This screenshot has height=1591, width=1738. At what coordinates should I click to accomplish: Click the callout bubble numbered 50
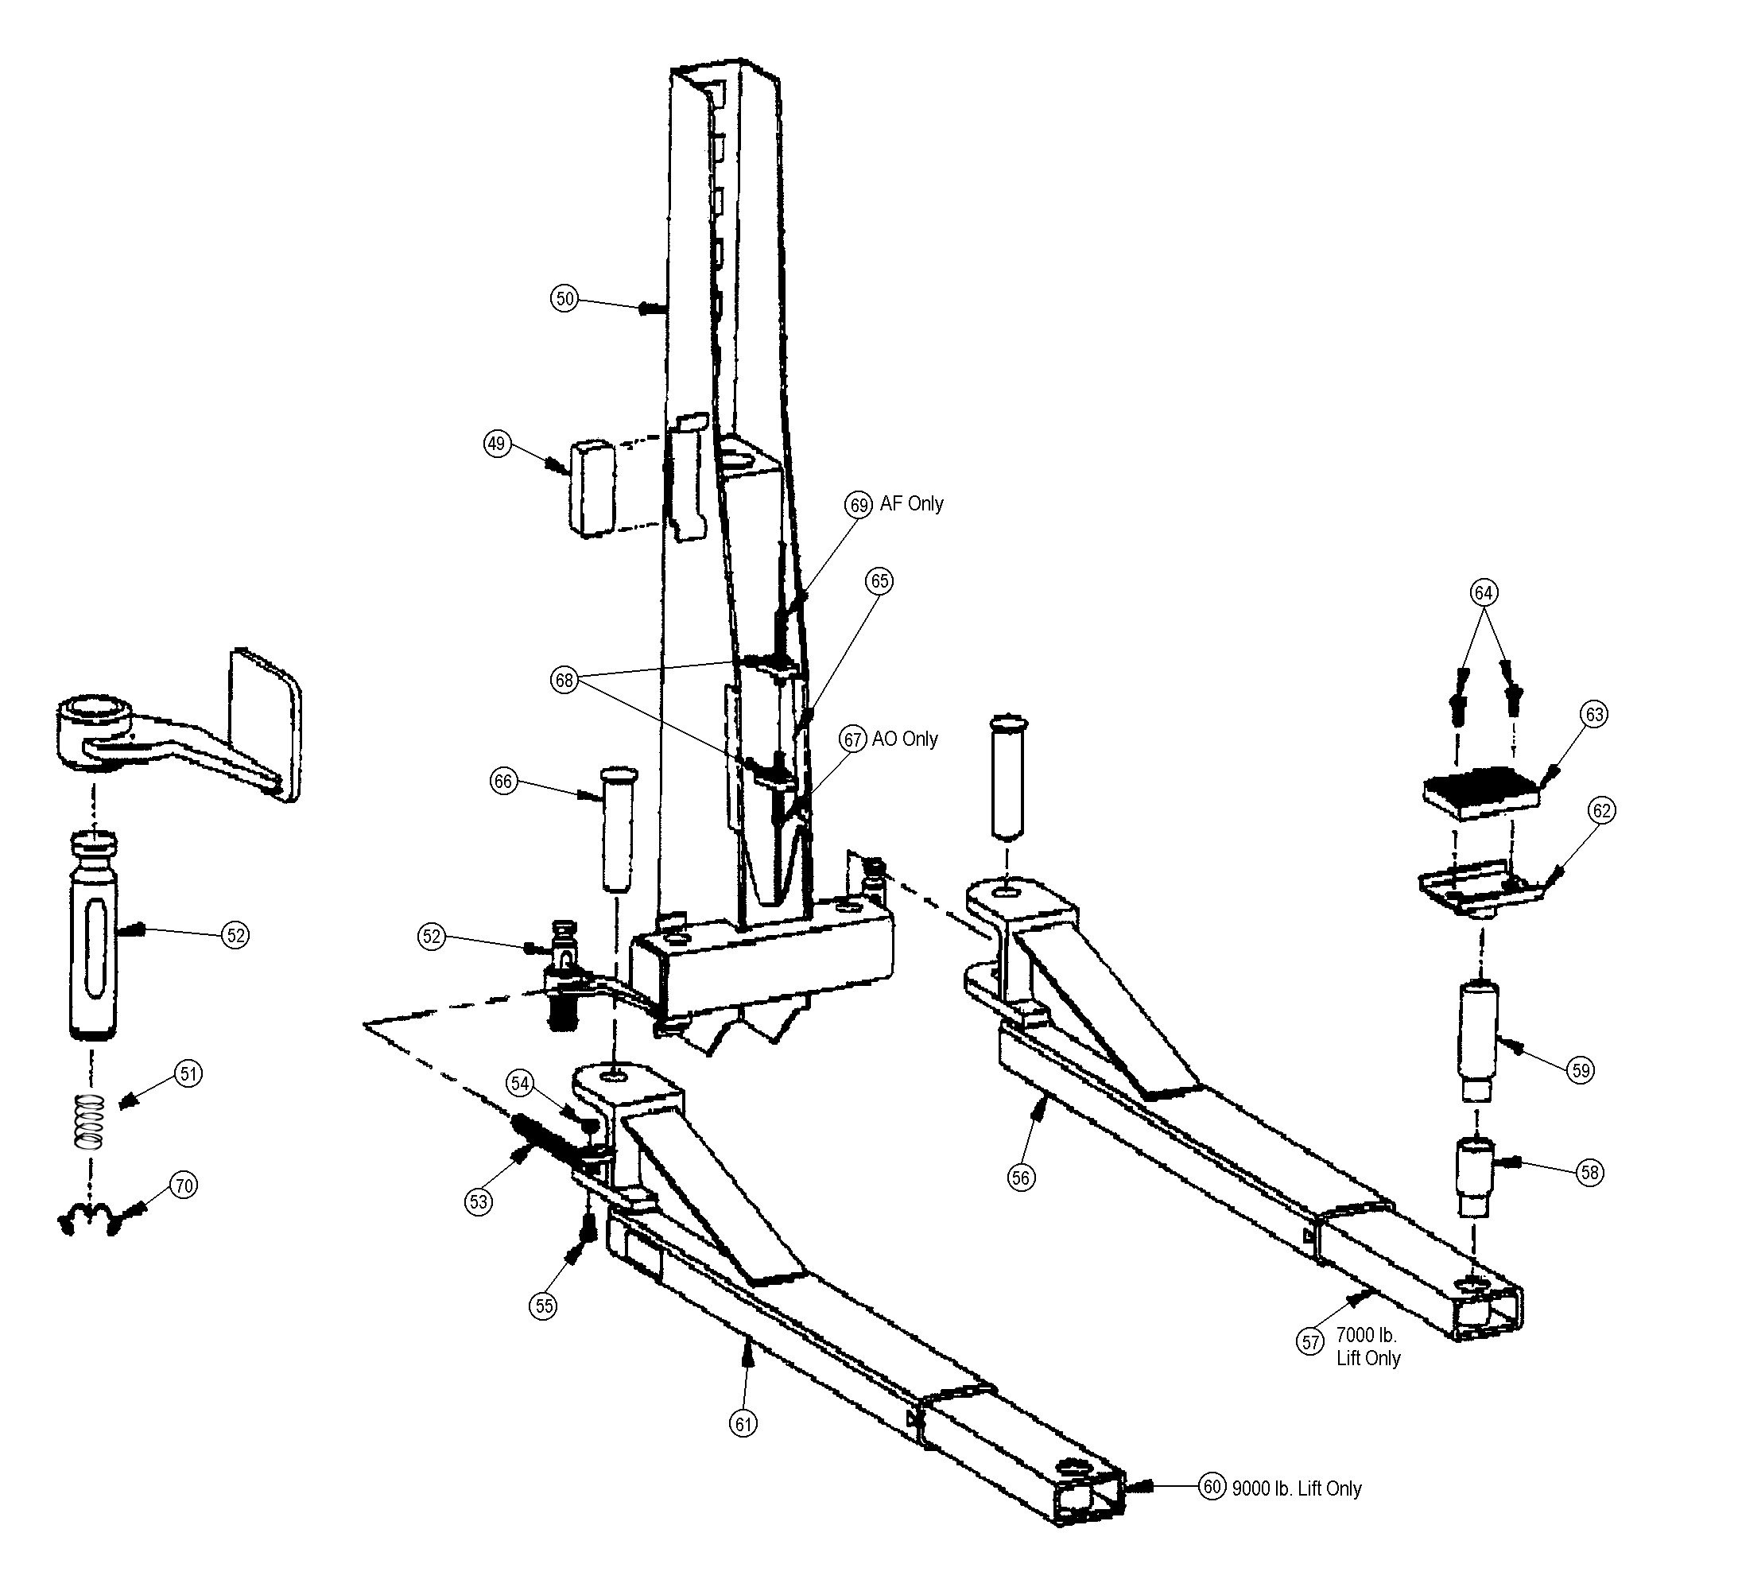(564, 298)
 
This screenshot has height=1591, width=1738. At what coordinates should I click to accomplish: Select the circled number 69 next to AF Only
(859, 504)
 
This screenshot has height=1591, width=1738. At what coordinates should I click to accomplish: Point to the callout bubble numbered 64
(1483, 592)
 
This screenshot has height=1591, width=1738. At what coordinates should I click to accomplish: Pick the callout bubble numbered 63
(1594, 714)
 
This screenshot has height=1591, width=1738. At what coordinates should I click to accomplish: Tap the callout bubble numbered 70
(184, 1185)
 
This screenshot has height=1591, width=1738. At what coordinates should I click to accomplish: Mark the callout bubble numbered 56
(1021, 1178)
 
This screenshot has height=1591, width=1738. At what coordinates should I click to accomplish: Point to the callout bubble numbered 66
(502, 782)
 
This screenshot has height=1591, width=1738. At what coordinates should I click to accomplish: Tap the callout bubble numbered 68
(564, 681)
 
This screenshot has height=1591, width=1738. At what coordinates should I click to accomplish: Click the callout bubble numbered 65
(879, 580)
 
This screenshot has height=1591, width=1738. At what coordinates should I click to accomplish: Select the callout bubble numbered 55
(544, 1306)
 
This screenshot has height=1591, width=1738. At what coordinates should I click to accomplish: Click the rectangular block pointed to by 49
(592, 487)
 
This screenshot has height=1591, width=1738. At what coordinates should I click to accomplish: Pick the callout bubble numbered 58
(1591, 1172)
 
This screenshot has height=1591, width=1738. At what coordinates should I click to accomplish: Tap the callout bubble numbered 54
(520, 1083)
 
